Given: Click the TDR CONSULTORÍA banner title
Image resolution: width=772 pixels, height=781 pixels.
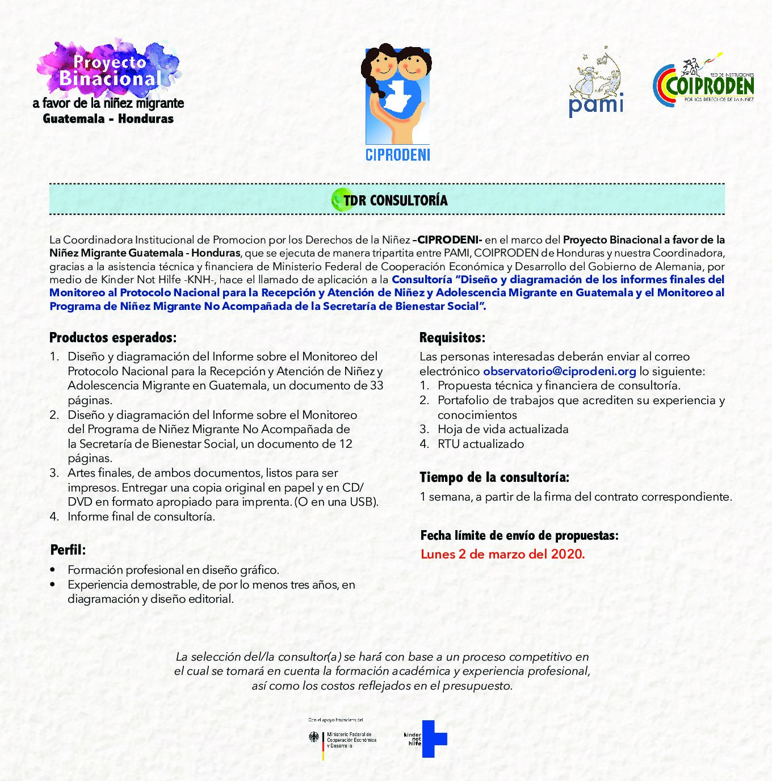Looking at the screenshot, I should tap(396, 200).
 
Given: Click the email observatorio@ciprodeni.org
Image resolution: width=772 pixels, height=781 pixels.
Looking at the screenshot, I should tap(559, 371).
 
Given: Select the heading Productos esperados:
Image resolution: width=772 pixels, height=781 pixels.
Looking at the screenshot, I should tap(113, 338).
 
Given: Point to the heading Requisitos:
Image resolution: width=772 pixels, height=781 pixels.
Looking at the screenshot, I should tap(452, 338).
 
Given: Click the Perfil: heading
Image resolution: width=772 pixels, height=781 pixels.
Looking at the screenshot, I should tap(68, 549).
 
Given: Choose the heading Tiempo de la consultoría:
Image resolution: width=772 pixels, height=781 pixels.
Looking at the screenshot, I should tap(494, 477).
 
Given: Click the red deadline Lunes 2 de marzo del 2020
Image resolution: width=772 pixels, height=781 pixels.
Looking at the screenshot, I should tap(502, 554).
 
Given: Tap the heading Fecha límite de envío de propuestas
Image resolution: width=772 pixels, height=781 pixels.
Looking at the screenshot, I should tap(519, 535).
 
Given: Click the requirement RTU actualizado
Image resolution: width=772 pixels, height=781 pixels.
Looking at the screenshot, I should tap(480, 444).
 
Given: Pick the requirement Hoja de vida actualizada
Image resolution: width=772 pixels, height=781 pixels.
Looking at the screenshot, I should tap(502, 429).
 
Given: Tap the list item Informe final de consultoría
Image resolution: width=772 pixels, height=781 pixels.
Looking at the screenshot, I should tap(141, 517).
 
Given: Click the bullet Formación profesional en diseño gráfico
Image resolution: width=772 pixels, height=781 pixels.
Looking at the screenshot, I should tap(173, 569).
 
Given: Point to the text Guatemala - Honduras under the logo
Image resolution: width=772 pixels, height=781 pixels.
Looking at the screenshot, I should tap(108, 119).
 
